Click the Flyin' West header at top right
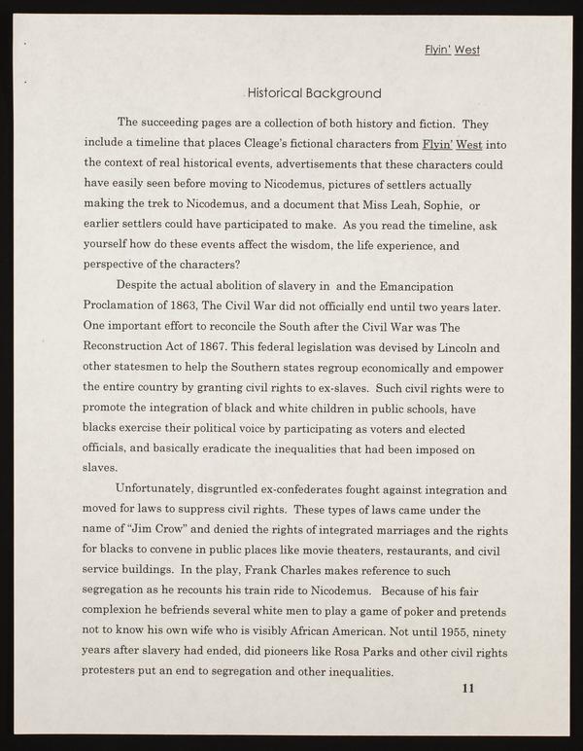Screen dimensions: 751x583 click(x=452, y=50)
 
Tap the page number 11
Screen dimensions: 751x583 click(x=467, y=689)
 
